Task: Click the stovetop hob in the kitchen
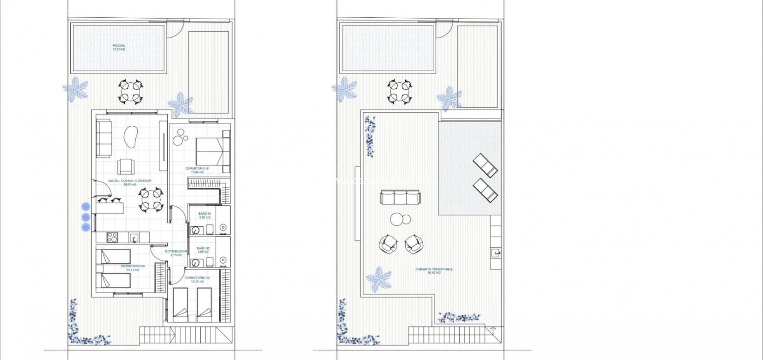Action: click(112, 237)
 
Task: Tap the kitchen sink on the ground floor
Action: click(134, 238)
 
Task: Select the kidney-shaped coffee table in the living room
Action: click(130, 137)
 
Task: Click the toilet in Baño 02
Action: click(210, 260)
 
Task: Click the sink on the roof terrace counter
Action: click(495, 253)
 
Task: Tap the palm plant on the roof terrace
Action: click(378, 278)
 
